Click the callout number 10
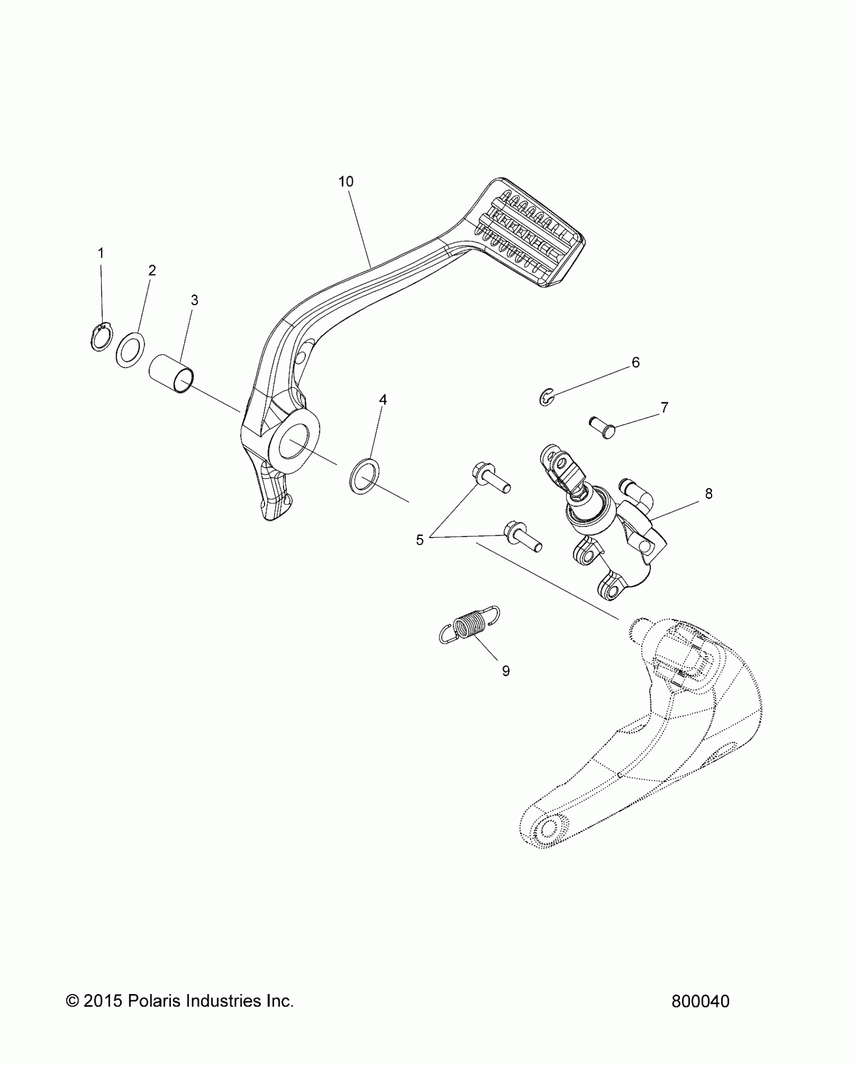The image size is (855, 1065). tap(346, 182)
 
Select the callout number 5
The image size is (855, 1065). tap(420, 540)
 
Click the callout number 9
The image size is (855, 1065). tap(505, 670)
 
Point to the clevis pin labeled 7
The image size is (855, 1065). tap(604, 427)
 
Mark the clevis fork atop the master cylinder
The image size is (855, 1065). tap(558, 466)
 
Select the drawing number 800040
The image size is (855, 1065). tap(700, 1002)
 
